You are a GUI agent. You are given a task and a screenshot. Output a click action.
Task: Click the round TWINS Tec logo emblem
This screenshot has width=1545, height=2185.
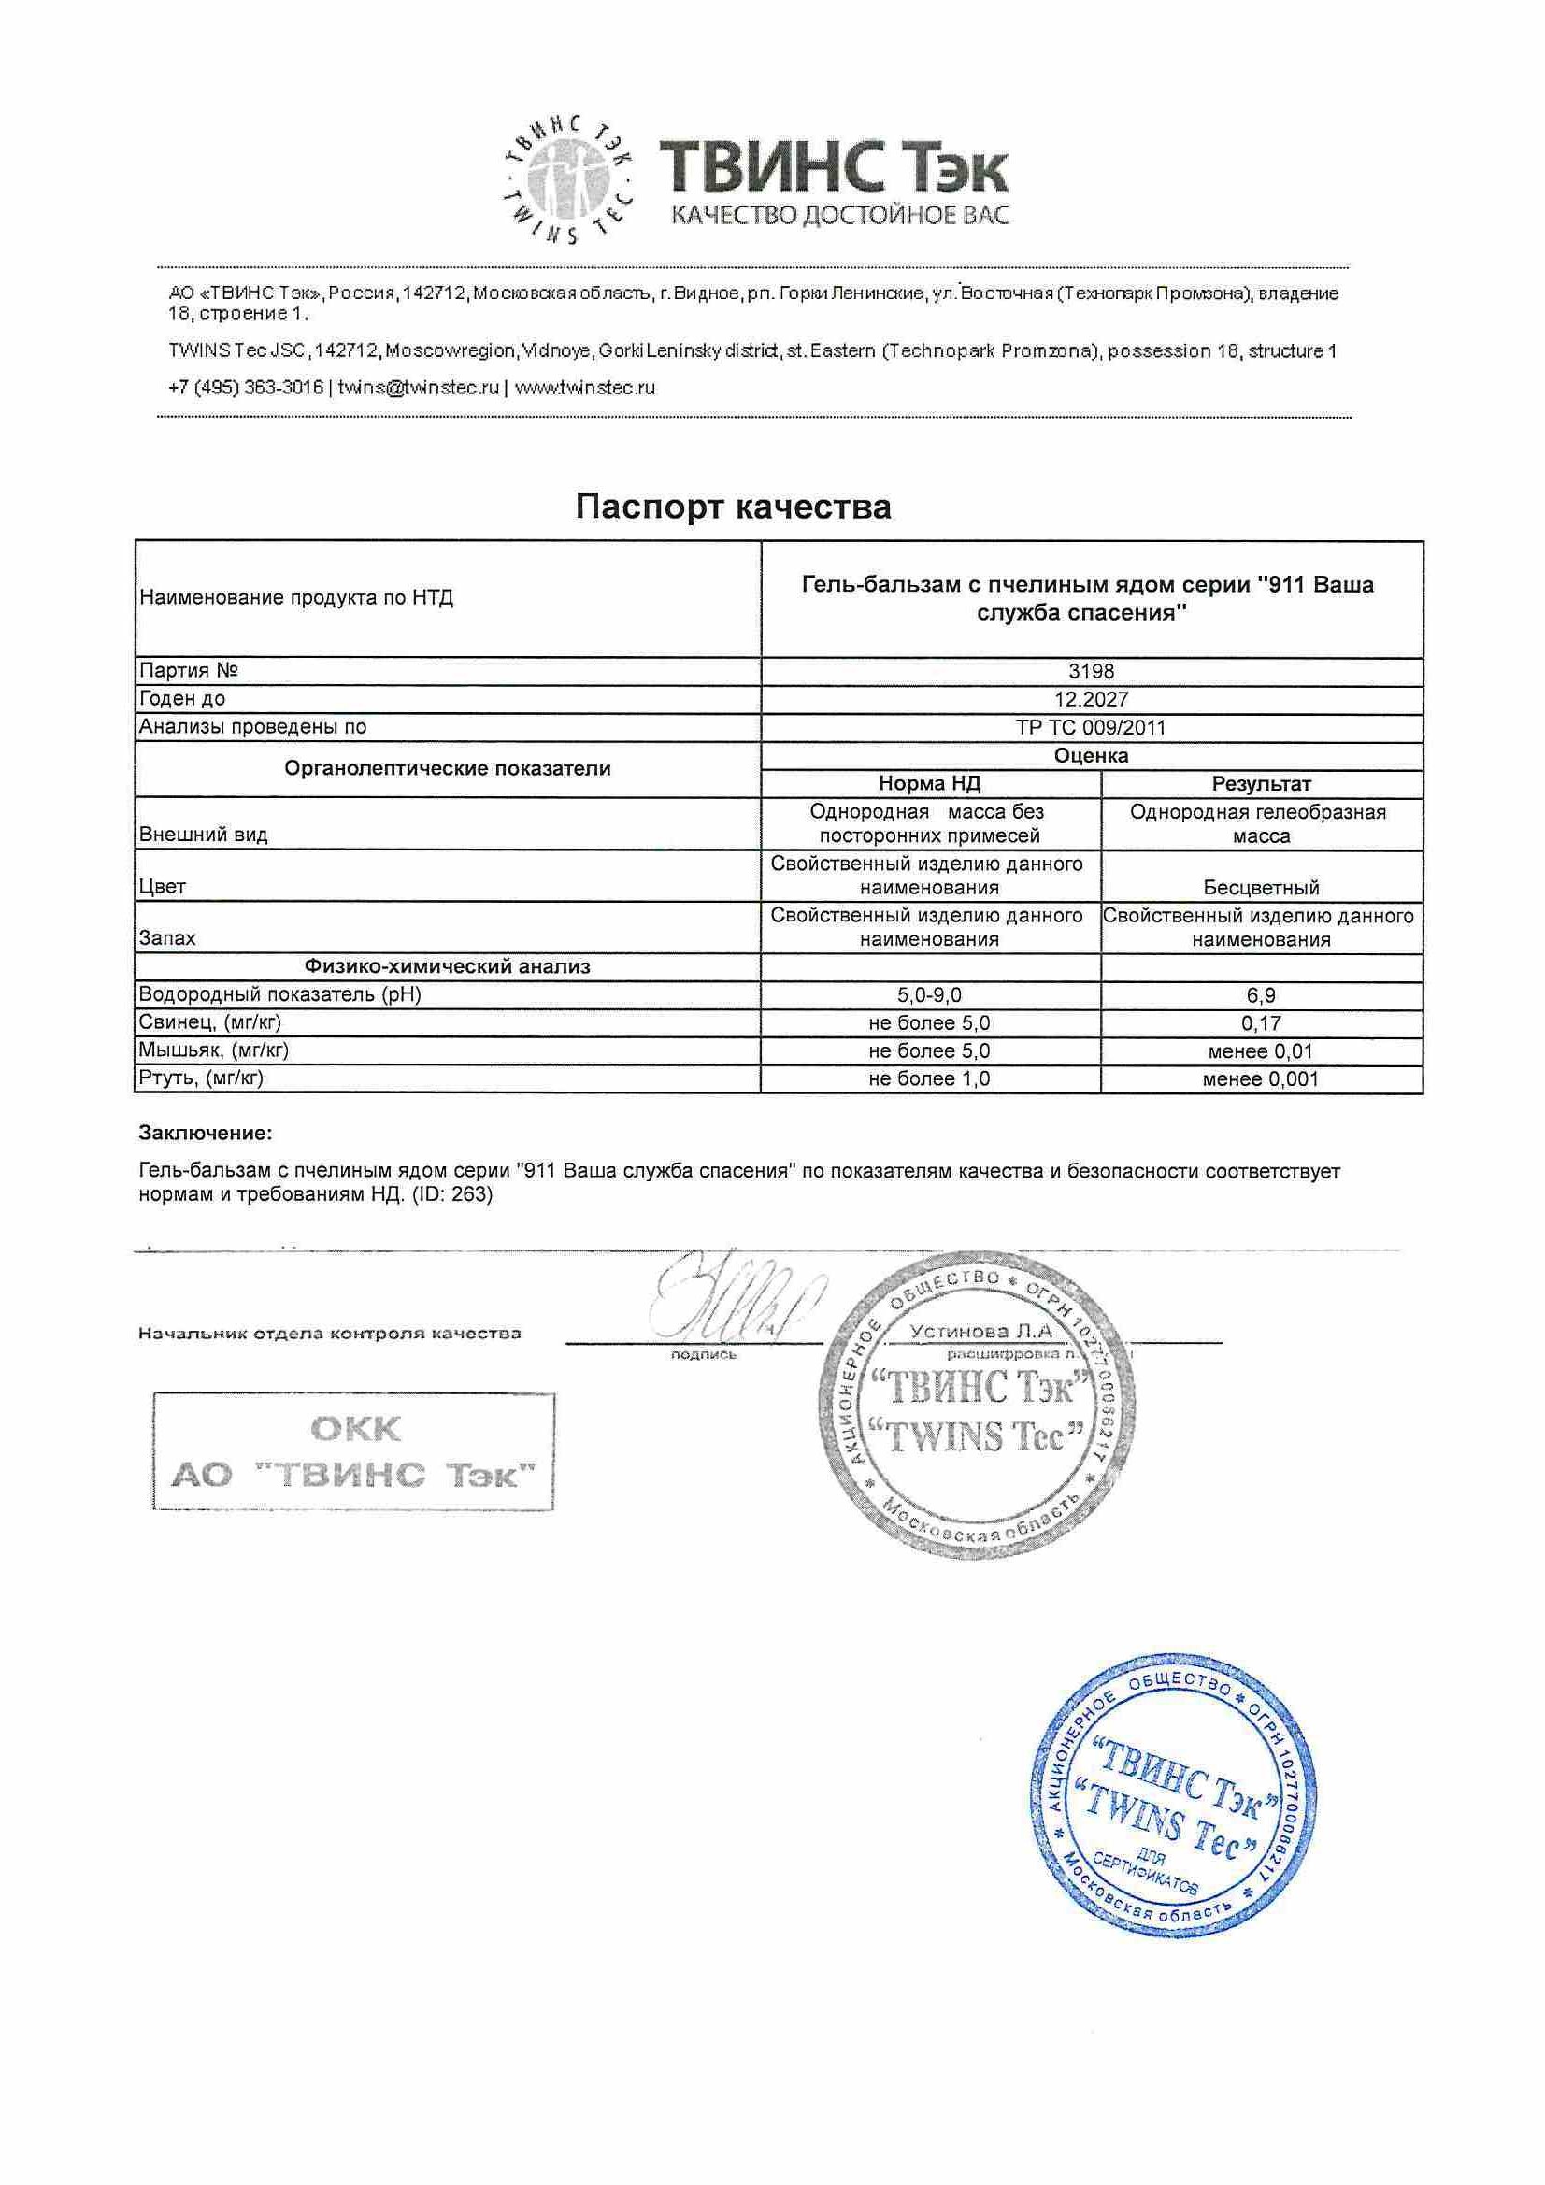pos(568,179)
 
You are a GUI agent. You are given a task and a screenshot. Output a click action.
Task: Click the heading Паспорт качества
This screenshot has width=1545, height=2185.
pos(733,507)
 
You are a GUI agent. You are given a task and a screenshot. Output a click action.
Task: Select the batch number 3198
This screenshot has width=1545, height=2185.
pos(1091,671)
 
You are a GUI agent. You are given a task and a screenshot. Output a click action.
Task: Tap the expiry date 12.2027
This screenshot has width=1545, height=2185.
pos(1091,699)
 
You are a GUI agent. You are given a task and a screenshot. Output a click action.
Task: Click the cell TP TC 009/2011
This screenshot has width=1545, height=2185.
pos(1091,728)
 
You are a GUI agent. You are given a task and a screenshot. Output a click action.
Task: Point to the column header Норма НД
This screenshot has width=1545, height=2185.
pos(929,784)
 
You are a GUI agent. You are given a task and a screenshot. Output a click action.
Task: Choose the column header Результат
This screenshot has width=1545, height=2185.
pos(1260,784)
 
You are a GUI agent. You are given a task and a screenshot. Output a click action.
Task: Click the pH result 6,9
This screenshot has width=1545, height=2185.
pos(1260,995)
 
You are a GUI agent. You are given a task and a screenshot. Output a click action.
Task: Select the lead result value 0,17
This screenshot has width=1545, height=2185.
pos(1260,1023)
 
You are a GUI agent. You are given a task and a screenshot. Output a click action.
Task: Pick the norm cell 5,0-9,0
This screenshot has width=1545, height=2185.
pos(929,995)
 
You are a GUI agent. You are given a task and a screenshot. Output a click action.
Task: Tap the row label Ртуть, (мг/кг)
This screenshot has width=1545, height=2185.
pos(201,1078)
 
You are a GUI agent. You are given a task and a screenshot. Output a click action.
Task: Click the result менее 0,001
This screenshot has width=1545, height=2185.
pos(1260,1079)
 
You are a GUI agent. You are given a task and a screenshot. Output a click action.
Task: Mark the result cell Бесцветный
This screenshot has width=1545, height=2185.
pos(1260,887)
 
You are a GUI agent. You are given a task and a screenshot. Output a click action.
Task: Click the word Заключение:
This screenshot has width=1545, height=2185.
pos(206,1133)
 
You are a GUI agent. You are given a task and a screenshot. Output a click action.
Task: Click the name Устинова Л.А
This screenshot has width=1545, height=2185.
pos(980,1332)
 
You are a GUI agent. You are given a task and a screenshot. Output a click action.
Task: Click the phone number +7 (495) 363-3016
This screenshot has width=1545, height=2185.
pos(246,387)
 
